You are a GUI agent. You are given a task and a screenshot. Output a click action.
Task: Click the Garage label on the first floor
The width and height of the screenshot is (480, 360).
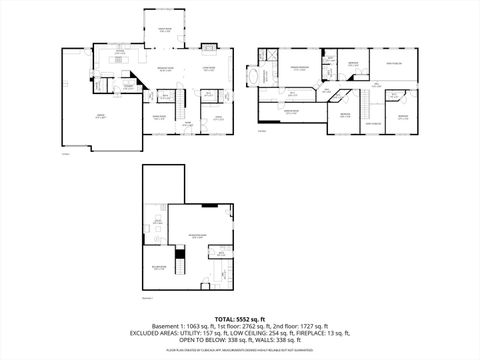tap(72, 116)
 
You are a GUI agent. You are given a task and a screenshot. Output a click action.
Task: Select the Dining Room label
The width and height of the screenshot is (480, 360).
tap(159, 117)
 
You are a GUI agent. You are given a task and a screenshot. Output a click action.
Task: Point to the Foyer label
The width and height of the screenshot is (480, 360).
tap(186, 124)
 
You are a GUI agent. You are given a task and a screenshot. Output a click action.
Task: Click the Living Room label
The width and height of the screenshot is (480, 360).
tap(211, 69)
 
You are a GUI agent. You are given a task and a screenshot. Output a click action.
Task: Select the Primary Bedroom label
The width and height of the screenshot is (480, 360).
tap(298, 67)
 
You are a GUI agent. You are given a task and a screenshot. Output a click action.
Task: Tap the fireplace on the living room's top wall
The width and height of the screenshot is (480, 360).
tap(212, 50)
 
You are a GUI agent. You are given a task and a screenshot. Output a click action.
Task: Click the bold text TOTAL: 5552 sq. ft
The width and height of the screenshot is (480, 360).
tap(240, 318)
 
